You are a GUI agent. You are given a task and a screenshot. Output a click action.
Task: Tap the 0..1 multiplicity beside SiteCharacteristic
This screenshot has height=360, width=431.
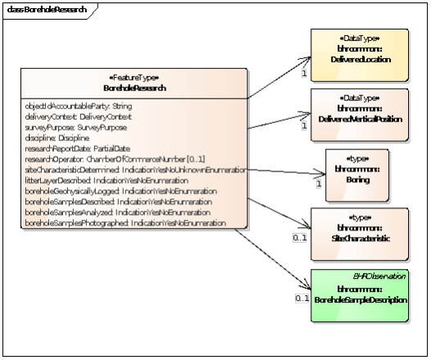coord(301,237)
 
